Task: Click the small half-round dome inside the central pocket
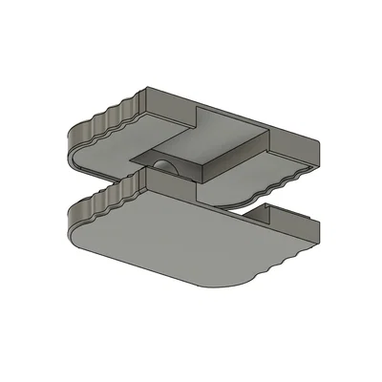point(162,167)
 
